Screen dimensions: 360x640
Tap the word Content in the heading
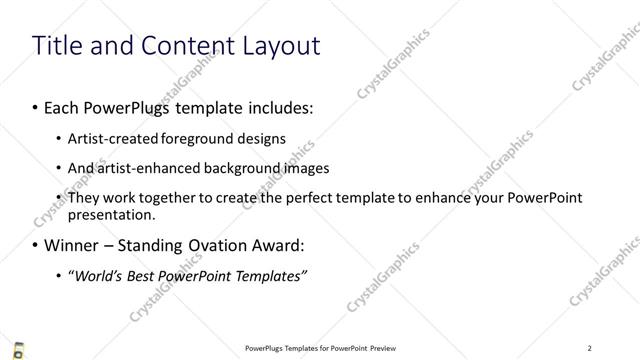click(183, 46)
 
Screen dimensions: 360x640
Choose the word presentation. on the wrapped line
click(111, 214)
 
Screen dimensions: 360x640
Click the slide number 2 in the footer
click(590, 348)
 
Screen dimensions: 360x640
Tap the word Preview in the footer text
click(381, 348)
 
